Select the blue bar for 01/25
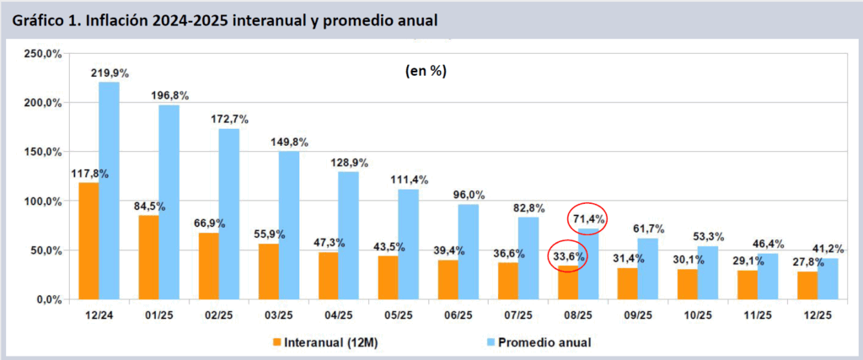click(169, 202)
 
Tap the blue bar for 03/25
click(288, 225)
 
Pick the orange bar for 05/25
click(387, 277)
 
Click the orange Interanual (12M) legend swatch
click(277, 342)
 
